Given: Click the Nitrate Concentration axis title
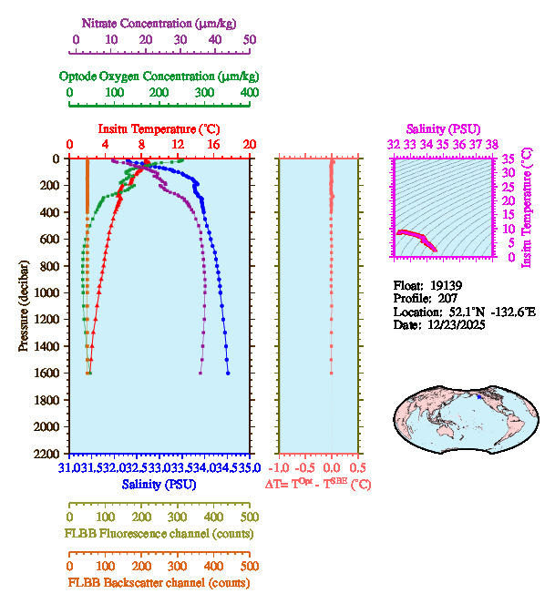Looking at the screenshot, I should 160,21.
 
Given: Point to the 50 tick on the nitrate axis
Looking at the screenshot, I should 250,40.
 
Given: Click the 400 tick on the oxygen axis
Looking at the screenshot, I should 250,93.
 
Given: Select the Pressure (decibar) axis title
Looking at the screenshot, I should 24,306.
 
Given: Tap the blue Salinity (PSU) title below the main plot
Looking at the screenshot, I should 159,484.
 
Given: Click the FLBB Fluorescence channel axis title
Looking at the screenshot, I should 159,533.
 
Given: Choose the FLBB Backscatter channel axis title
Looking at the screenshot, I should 159,583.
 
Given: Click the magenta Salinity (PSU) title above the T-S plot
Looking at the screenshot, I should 442,129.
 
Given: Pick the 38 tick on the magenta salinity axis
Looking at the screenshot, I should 492,144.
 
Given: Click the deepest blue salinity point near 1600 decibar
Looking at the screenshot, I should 228,373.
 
